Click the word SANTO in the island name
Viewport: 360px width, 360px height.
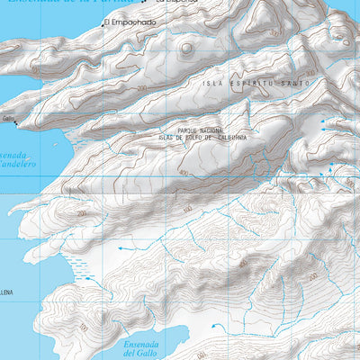tap(294, 82)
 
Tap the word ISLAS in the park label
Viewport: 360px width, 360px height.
tap(167, 137)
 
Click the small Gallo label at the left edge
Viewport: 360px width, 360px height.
tap(7, 118)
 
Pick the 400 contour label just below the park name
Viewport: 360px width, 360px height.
tap(184, 173)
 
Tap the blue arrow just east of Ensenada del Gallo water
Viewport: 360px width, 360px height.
tap(212, 326)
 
